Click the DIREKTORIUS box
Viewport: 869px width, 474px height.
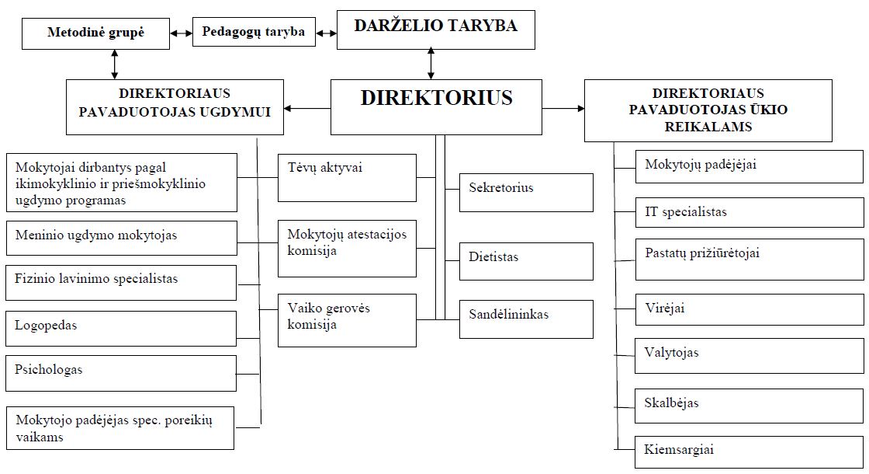pyautogui.click(x=436, y=107)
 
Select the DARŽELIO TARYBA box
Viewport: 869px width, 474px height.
pyautogui.click(x=435, y=30)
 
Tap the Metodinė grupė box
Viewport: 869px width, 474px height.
pyautogui.click(x=96, y=33)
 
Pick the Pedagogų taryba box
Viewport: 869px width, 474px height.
pyautogui.click(x=254, y=32)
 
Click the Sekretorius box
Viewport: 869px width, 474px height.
pyautogui.click(x=526, y=193)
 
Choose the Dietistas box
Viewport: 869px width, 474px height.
pyautogui.click(x=526, y=261)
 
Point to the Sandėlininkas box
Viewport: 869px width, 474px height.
pyautogui.click(x=526, y=319)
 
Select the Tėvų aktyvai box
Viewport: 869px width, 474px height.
pyautogui.click(x=347, y=178)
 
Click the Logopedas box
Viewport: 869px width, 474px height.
pyautogui.click(x=121, y=329)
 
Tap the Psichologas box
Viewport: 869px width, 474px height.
pyautogui.click(x=121, y=373)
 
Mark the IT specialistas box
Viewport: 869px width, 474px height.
pyautogui.click(x=750, y=212)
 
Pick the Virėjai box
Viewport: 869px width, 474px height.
pyautogui.click(x=750, y=310)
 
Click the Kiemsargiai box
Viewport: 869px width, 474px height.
pyautogui.click(x=750, y=452)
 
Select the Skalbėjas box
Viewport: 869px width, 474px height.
pyautogui.click(x=750, y=406)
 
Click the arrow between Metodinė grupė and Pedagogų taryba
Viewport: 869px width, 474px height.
pyautogui.click(x=182, y=33)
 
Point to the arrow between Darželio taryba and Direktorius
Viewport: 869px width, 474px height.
pyautogui.click(x=431, y=64)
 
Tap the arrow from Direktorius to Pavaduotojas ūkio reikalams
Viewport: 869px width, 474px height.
pyautogui.click(x=563, y=108)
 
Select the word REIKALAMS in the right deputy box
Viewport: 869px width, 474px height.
pyautogui.click(x=708, y=127)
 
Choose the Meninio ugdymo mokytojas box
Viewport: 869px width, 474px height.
pyautogui.click(x=121, y=238)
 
